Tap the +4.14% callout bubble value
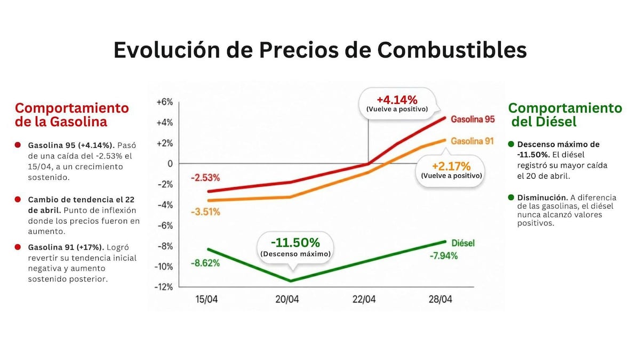pyautogui.click(x=397, y=100)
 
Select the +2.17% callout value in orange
pyautogui.click(x=451, y=165)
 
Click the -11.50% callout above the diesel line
pyautogui.click(x=295, y=243)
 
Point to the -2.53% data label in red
pyautogui.click(x=205, y=177)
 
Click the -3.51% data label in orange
pyautogui.click(x=205, y=212)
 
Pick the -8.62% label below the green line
pyautogui.click(x=205, y=263)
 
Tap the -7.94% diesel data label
pyautogui.click(x=443, y=255)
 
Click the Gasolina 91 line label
pyautogui.click(x=472, y=141)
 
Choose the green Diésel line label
pyautogui.click(x=463, y=243)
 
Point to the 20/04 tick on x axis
pyautogui.click(x=287, y=299)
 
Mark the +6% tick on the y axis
pyautogui.click(x=165, y=102)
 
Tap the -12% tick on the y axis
pyautogui.click(x=164, y=287)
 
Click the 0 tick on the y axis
pyautogui.click(x=171, y=164)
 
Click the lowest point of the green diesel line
pyautogui.click(x=291, y=281)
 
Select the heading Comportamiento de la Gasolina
pyautogui.click(x=72, y=115)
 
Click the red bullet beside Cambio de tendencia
pyautogui.click(x=18, y=199)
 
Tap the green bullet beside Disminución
pyautogui.click(x=511, y=197)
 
